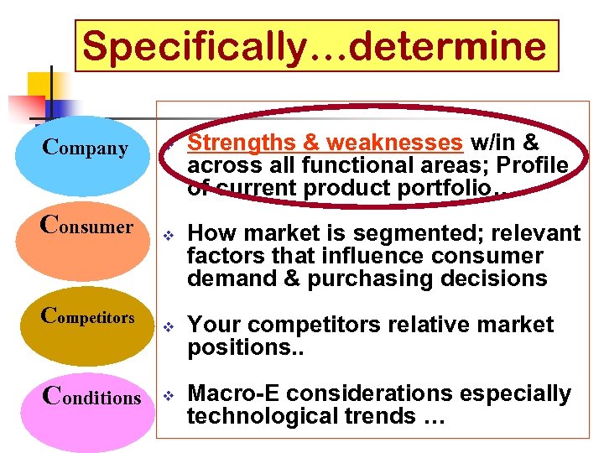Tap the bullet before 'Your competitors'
[x=169, y=325]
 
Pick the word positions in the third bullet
[x=231, y=346]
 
